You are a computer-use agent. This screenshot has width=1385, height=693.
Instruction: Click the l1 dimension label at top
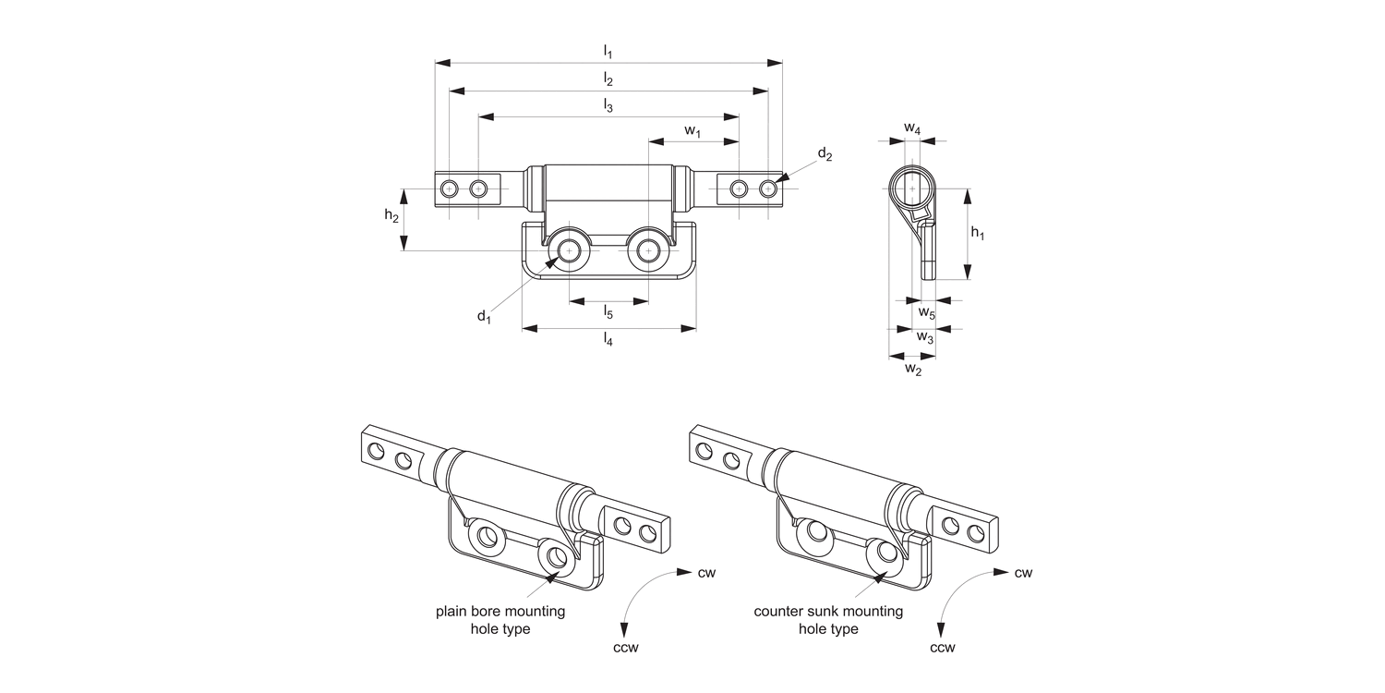coord(608,51)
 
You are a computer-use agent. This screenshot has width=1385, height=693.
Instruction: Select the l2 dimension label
coord(608,79)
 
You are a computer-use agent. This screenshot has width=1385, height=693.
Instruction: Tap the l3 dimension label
coord(608,105)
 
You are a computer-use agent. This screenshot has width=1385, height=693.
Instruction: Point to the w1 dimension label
coord(692,131)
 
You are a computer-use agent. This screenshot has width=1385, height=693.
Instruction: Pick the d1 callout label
coord(484,317)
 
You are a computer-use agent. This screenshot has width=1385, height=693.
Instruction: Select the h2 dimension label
coord(391,215)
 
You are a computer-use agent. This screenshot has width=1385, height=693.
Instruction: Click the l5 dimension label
coord(608,312)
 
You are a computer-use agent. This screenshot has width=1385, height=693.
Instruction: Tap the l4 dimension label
coord(608,339)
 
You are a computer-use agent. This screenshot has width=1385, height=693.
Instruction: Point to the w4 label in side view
coord(911,128)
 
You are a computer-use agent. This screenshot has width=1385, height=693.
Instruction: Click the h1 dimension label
coord(977,234)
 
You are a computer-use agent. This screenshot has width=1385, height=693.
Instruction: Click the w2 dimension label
coord(912,369)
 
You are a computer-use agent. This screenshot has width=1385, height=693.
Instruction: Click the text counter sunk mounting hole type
coord(828,620)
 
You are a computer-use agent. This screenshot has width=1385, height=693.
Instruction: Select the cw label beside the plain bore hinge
coord(706,573)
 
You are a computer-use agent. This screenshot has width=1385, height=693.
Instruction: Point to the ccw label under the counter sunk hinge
coord(942,647)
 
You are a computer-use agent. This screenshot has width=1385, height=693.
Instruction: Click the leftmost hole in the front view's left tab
coord(449,188)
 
